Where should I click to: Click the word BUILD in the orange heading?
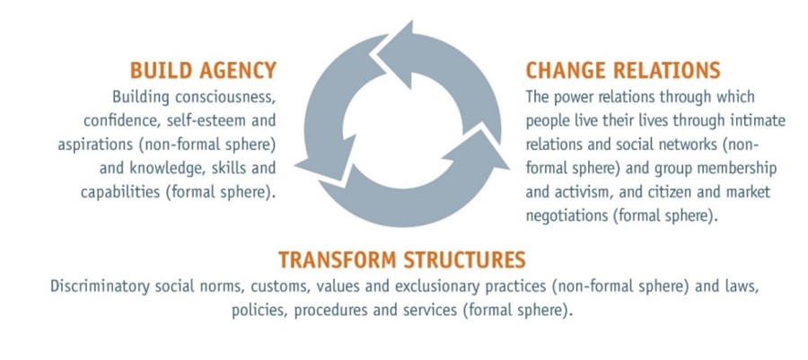[x=159, y=71]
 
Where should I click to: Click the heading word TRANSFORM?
[x=339, y=260]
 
